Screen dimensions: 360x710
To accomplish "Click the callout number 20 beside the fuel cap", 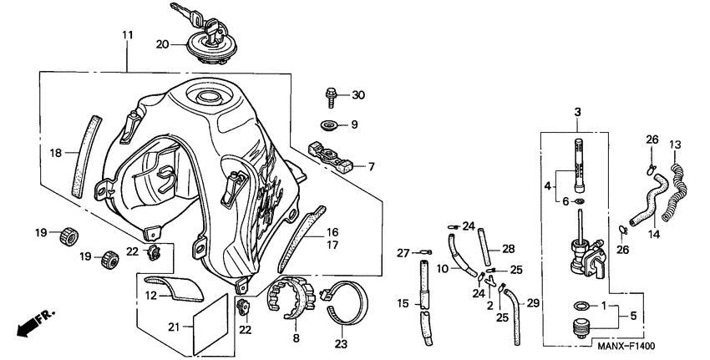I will pos(162,44).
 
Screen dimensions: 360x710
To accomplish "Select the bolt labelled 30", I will pos(332,96).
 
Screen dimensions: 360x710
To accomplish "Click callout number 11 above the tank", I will pos(127,35).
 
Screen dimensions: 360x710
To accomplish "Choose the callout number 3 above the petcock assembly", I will pos(576,111).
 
